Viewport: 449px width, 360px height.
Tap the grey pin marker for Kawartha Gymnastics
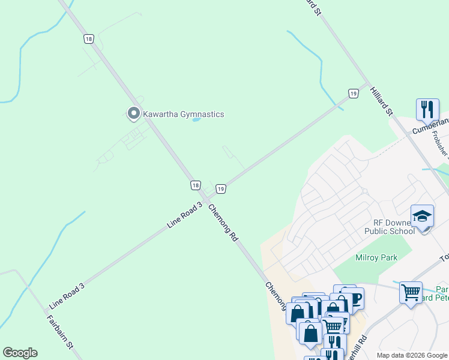pos(133,113)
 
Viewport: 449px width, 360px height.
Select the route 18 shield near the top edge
pos(89,39)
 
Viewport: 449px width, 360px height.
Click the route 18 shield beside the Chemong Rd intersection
pos(195,185)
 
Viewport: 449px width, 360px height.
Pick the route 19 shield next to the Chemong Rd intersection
pos(220,189)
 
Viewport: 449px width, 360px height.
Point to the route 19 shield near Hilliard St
pos(354,93)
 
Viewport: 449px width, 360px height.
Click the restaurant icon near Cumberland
pos(427,109)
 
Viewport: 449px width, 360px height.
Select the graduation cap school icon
pos(422,216)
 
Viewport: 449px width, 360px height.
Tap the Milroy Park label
pos(376,257)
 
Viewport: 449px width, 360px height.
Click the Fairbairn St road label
pos(61,329)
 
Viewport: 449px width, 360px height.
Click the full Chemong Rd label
pos(223,223)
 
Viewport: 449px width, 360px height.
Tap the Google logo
pos(20,353)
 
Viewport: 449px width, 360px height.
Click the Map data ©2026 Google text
pos(411,355)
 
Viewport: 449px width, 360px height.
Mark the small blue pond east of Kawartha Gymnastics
pos(196,119)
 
